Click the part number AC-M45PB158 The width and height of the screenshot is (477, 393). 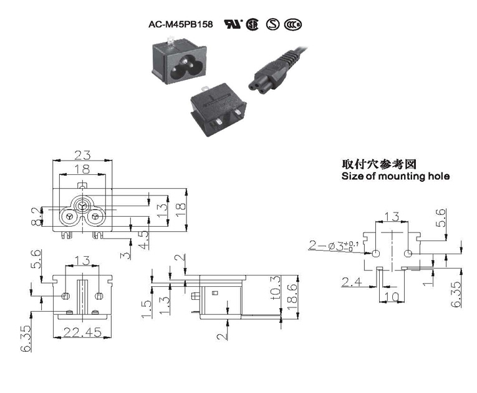[180, 24]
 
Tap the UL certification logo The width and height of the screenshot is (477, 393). [233, 24]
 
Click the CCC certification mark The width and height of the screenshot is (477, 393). [292, 24]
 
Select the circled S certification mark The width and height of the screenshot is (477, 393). [272, 24]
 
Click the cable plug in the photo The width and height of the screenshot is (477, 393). [277, 69]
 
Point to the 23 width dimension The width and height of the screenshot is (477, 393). [82, 155]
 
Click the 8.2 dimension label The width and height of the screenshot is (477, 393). [36, 216]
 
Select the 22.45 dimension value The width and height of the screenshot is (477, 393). [82, 332]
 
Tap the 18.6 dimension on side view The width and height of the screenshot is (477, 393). [292, 297]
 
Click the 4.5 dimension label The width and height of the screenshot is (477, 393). [144, 240]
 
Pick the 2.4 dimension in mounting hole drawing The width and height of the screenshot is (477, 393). [351, 282]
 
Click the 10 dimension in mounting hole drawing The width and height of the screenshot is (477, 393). [392, 296]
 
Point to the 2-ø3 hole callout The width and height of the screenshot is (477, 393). [334, 246]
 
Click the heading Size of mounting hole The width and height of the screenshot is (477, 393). [395, 176]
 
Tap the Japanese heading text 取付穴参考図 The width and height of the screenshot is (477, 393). [378, 164]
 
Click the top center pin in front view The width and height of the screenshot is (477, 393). [82, 206]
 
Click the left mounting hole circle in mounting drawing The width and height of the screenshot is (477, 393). [376, 254]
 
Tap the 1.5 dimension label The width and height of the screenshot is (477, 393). [147, 309]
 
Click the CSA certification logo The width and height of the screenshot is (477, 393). [252, 24]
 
